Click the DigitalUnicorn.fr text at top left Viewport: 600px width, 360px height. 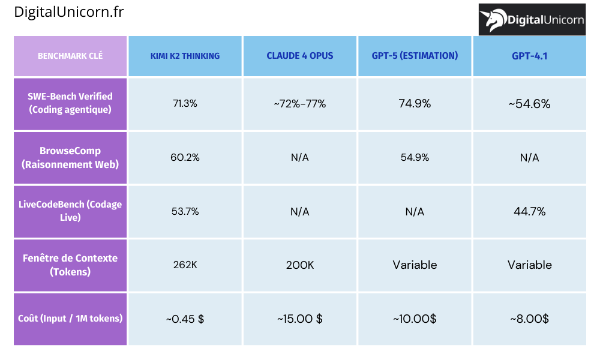[69, 12]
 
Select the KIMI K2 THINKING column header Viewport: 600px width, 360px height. [185, 56]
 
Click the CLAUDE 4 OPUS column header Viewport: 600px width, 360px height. [300, 56]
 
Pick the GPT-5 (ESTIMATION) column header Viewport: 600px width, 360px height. [415, 56]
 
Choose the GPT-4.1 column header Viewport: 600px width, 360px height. [530, 56]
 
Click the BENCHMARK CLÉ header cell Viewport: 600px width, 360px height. [70, 56]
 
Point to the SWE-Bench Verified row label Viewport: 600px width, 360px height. [70, 103]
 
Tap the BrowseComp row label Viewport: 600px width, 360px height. [70, 157]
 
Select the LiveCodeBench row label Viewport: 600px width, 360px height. [70, 211]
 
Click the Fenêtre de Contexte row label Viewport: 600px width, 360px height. [70, 265]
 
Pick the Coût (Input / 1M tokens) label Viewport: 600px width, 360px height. [70, 319]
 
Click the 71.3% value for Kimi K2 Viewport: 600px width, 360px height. [185, 104]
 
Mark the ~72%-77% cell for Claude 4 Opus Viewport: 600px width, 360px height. [300, 104]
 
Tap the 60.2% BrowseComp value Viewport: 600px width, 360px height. [185, 157]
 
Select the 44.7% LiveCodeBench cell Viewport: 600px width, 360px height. [530, 211]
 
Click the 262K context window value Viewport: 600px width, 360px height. [185, 265]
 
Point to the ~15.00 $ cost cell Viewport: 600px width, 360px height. [300, 319]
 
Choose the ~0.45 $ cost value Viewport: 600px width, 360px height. [185, 319]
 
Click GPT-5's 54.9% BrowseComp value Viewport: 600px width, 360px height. [415, 157]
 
